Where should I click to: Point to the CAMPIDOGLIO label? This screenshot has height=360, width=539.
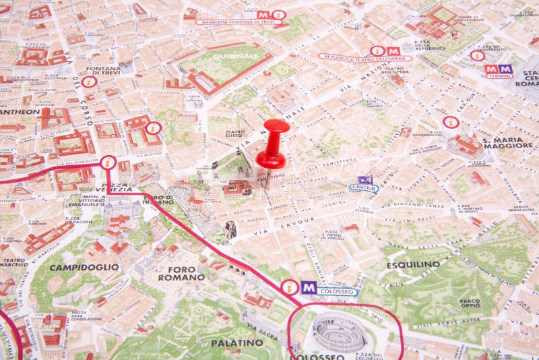coord(84,267)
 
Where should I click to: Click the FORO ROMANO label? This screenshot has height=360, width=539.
coord(181,273)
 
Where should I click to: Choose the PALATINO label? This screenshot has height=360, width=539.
coord(237,342)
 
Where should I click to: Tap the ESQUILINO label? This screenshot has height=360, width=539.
coord(413,265)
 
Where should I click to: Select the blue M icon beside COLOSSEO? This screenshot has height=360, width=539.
coord(309,287)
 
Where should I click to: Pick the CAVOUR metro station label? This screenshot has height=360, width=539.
coord(364,189)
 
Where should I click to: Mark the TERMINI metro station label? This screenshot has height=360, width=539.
coord(499,76)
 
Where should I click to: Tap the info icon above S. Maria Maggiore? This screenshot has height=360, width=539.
coord(451,122)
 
